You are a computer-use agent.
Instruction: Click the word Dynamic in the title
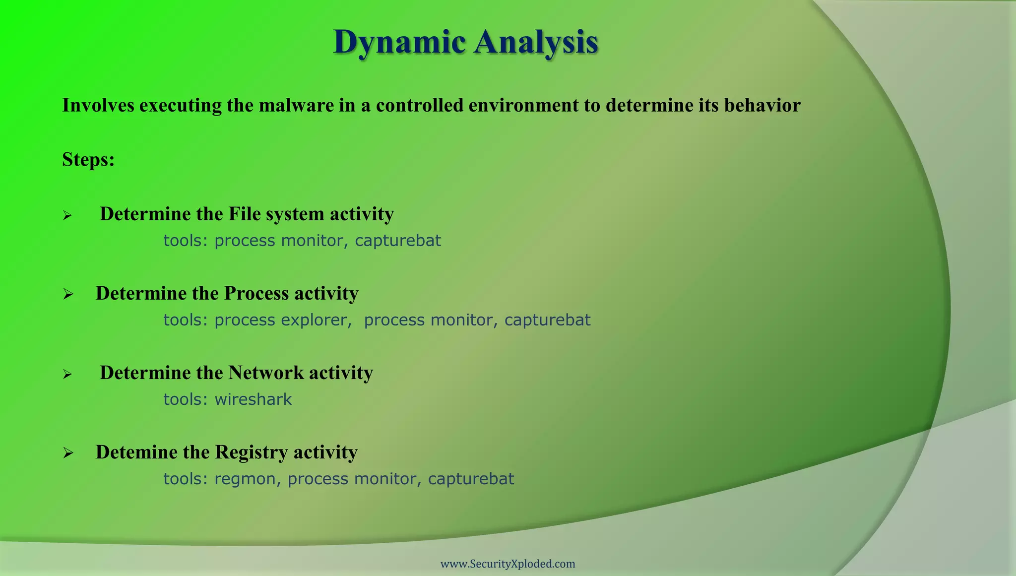pyautogui.click(x=399, y=42)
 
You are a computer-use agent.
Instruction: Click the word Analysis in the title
pyautogui.click(x=536, y=42)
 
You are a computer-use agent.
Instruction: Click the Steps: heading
pyautogui.click(x=88, y=160)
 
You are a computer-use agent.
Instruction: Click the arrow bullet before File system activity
pyautogui.click(x=67, y=215)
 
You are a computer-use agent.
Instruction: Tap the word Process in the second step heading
pyautogui.click(x=256, y=293)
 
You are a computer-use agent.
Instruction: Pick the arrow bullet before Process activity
pyautogui.click(x=68, y=295)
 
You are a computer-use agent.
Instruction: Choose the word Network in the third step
pyautogui.click(x=265, y=373)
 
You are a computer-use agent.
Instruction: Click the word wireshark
pyautogui.click(x=253, y=399)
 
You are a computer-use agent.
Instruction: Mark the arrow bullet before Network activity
pyautogui.click(x=67, y=374)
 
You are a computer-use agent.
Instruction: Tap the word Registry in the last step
pyautogui.click(x=251, y=452)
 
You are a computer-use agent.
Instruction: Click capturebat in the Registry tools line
pyautogui.click(x=471, y=479)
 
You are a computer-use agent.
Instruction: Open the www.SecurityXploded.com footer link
pyautogui.click(x=508, y=564)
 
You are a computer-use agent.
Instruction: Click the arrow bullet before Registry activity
pyautogui.click(x=68, y=453)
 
